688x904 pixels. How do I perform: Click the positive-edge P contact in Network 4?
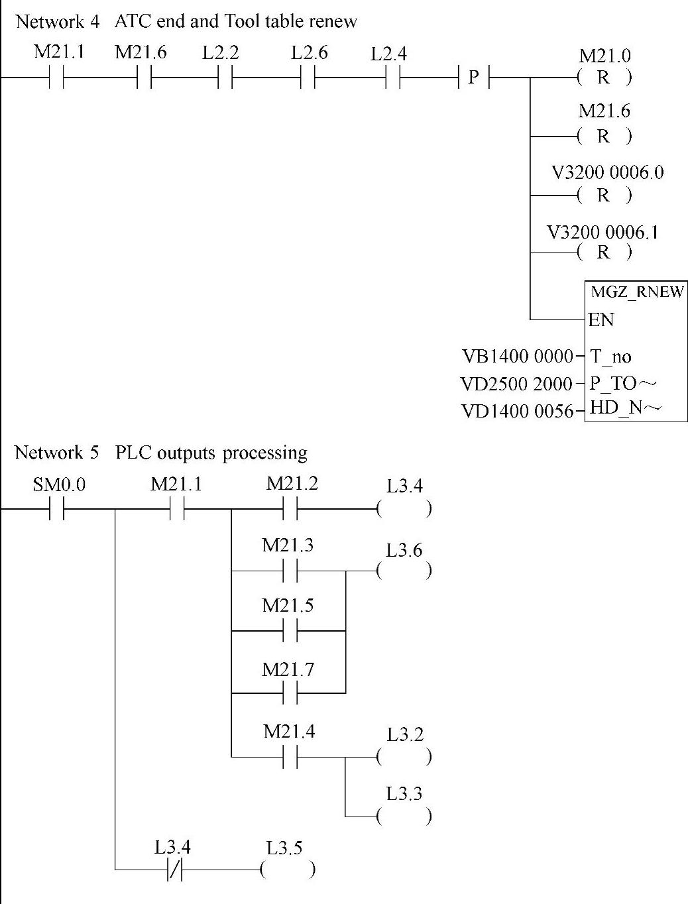pyautogui.click(x=473, y=78)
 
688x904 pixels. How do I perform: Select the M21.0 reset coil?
pyautogui.click(x=604, y=78)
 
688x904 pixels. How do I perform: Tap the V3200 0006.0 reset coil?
pyautogui.click(x=604, y=196)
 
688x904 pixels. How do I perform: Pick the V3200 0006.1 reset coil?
pyautogui.click(x=604, y=252)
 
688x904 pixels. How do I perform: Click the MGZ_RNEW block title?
pyautogui.click(x=636, y=292)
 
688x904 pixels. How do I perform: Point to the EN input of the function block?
pyautogui.click(x=601, y=320)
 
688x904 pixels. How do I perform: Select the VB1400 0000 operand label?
pyautogui.click(x=516, y=357)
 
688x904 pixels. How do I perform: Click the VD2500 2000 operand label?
pyautogui.click(x=516, y=384)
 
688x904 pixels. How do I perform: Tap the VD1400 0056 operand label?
pyautogui.click(x=516, y=412)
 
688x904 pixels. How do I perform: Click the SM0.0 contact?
pyautogui.click(x=57, y=510)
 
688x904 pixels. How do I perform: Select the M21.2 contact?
pyautogui.click(x=290, y=510)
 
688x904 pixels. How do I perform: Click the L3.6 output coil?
pyautogui.click(x=404, y=570)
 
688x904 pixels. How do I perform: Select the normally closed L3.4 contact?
pyautogui.click(x=175, y=869)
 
